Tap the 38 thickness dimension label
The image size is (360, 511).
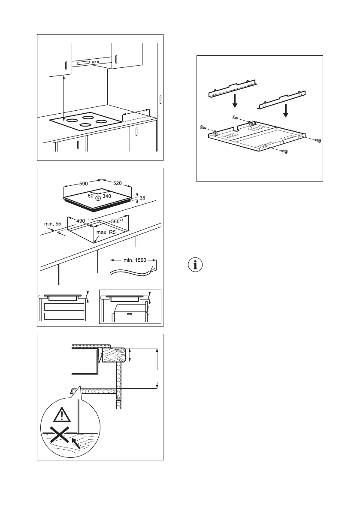[142, 198]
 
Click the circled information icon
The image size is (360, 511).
[196, 264]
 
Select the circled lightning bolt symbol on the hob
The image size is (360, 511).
[99, 198]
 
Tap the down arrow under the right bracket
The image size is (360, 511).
[285, 111]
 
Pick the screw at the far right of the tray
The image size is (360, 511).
[318, 140]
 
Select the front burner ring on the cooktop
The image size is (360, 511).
[85, 125]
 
